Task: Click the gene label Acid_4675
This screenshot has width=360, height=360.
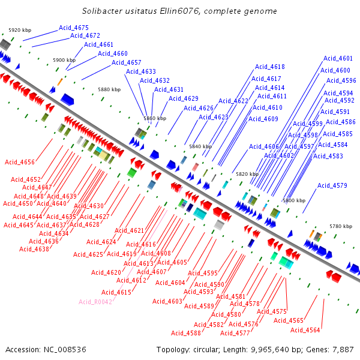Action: click(x=74, y=28)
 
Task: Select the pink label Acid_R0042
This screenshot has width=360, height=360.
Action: click(x=95, y=302)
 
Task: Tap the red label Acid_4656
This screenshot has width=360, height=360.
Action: click(x=20, y=162)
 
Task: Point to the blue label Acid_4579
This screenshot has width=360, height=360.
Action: click(x=332, y=185)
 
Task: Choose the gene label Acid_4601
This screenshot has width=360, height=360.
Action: click(x=338, y=58)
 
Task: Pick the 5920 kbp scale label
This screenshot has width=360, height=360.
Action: click(x=19, y=30)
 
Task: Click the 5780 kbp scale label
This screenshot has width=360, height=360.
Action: click(x=340, y=226)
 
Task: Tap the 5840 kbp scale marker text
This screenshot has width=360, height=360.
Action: click(x=200, y=146)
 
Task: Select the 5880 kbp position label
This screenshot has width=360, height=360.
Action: click(x=109, y=89)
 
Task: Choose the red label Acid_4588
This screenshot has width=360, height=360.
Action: click(x=186, y=333)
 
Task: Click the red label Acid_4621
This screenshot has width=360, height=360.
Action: click(x=130, y=230)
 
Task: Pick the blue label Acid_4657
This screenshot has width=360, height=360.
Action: click(x=127, y=62)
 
